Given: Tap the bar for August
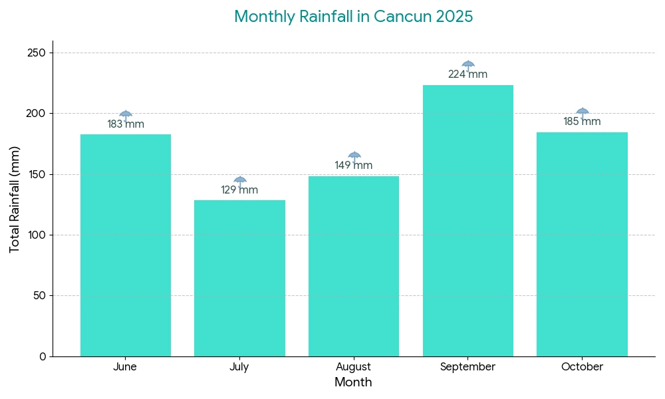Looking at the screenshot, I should pyautogui.click(x=354, y=266).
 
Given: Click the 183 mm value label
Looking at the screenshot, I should pyautogui.click(x=126, y=124).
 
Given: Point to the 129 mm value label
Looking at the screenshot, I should pyautogui.click(x=239, y=190).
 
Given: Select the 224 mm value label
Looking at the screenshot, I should pyautogui.click(x=467, y=74).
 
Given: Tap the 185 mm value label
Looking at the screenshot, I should pyautogui.click(x=582, y=122).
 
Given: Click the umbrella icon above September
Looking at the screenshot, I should pyautogui.click(x=468, y=65).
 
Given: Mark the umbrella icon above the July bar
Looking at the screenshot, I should pyautogui.click(x=240, y=180).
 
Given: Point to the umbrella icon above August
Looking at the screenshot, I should pyautogui.click(x=354, y=156).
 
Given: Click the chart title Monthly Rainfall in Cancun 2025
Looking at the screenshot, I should pyautogui.click(x=353, y=17).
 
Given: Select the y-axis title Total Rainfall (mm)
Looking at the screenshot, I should pyautogui.click(x=15, y=199).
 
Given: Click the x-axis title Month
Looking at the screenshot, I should pyautogui.click(x=353, y=382).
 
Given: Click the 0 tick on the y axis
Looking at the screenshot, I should pyautogui.click(x=43, y=356).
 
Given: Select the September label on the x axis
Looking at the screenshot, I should pyautogui.click(x=467, y=367).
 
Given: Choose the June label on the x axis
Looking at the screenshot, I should pyautogui.click(x=125, y=367).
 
